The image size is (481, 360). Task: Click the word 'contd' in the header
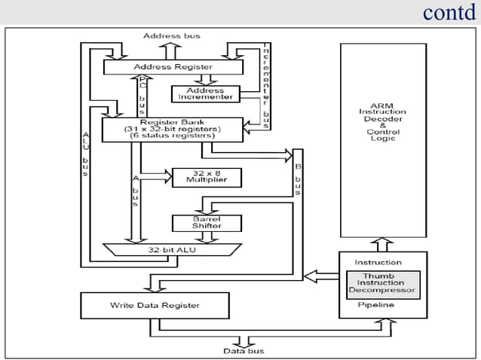click(x=449, y=13)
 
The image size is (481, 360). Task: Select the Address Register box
click(x=173, y=67)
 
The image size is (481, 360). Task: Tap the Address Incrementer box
click(x=206, y=94)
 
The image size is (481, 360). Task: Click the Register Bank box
click(x=172, y=129)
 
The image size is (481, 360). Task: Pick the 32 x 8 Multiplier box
click(x=206, y=178)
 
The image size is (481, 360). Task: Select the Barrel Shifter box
click(x=206, y=222)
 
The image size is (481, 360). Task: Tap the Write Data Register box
click(x=154, y=305)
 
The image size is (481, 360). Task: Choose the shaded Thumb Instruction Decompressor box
click(x=382, y=283)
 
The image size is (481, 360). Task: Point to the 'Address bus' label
click(x=171, y=35)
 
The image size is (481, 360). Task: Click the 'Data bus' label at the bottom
click(x=244, y=351)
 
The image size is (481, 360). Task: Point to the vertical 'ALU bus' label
click(x=85, y=154)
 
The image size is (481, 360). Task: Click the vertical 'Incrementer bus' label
click(x=266, y=79)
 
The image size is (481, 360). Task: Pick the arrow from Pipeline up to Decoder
click(x=383, y=244)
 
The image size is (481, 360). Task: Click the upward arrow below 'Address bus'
click(x=171, y=50)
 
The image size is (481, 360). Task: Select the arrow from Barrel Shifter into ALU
click(x=206, y=236)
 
